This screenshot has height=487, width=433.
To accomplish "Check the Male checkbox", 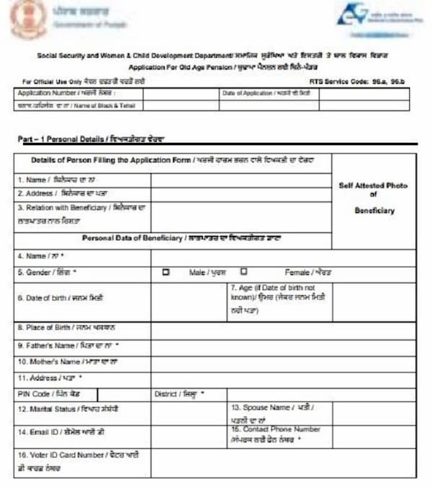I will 166,272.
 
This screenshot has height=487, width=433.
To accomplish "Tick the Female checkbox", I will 244,272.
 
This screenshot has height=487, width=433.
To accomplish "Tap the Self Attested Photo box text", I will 373,198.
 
